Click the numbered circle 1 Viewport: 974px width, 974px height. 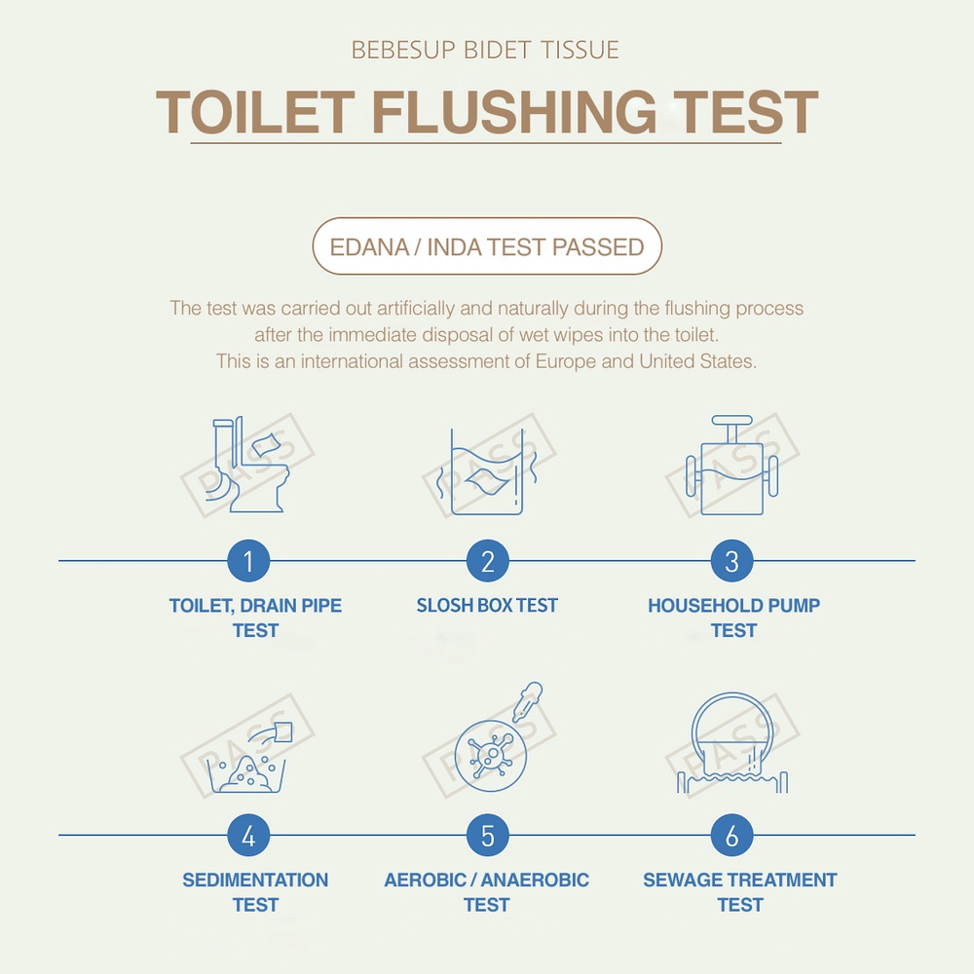pos(248,561)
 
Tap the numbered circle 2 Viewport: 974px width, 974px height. pos(488,561)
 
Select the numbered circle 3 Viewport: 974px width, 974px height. pos(731,561)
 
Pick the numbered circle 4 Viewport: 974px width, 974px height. pos(248,836)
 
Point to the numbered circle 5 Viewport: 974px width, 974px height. pos(488,836)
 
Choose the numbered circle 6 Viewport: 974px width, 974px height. pos(731,836)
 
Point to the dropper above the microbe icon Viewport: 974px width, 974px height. pos(527,701)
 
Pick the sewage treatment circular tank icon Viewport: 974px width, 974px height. pos(732,743)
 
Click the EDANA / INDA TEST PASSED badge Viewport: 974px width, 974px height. pos(487,246)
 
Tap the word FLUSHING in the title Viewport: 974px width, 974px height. pos(514,112)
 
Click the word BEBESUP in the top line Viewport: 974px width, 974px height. pos(404,51)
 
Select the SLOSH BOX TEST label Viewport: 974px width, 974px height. pos(487,605)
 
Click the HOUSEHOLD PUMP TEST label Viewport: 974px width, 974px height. pos(733,618)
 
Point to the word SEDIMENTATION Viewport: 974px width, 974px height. pos(255,880)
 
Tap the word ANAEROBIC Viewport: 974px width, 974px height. pos(535,880)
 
